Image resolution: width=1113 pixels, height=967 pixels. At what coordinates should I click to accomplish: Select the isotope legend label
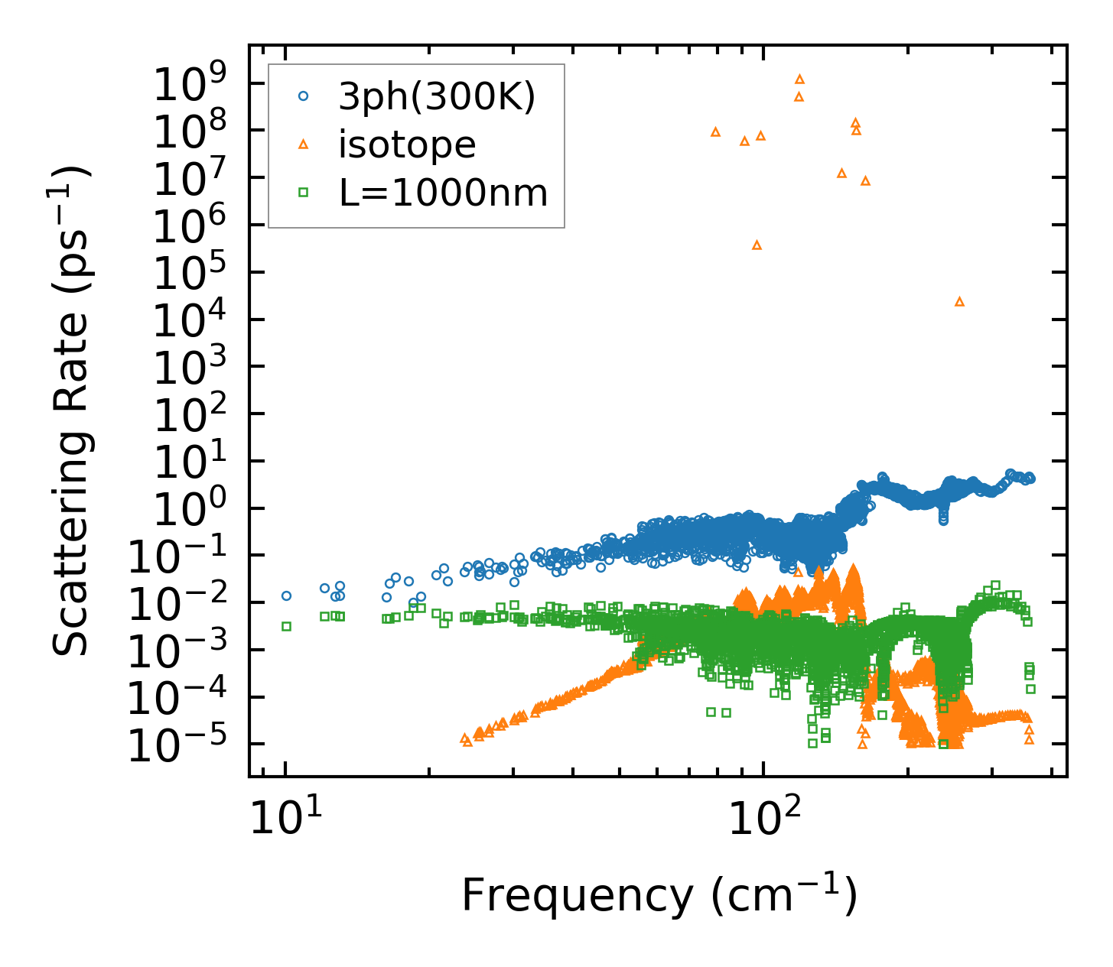[407, 144]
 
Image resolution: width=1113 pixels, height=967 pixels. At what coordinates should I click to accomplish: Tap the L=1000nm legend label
[444, 193]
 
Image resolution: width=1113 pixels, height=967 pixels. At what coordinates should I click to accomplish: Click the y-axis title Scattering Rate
[71, 410]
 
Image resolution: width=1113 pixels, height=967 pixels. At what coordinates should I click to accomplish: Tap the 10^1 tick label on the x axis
[285, 822]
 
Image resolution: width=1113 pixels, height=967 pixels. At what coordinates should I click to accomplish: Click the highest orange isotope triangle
[799, 79]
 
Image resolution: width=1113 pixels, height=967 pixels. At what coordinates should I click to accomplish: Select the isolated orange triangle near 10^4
[959, 302]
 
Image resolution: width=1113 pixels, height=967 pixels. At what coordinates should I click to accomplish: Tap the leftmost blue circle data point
[286, 595]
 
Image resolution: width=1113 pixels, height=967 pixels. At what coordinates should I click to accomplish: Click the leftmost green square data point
[286, 626]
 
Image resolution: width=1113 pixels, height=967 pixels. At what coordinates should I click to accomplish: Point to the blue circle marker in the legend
[303, 96]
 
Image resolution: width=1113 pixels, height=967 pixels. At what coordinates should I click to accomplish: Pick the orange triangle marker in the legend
[303, 144]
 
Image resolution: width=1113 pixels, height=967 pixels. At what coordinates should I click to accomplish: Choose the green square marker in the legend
[303, 193]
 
